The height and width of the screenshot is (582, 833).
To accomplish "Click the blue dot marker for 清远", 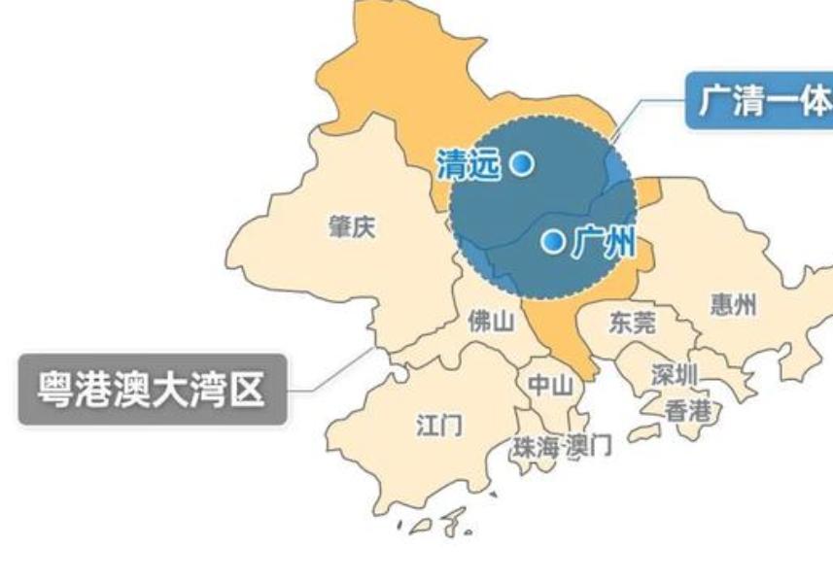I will click(x=522, y=163).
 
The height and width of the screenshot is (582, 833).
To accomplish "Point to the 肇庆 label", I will click(x=352, y=227).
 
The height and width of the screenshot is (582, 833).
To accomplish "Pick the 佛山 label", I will click(x=491, y=322).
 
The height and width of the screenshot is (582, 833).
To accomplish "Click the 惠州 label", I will click(x=733, y=304).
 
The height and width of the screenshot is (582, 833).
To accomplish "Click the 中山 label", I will click(x=550, y=385).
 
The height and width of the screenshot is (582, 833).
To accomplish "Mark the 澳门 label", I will click(x=586, y=447).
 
